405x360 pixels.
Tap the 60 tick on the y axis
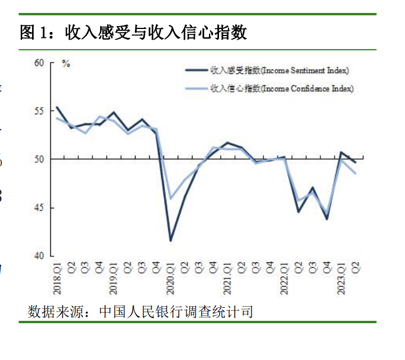pos(39,62)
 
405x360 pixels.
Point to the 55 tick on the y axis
pos(39,111)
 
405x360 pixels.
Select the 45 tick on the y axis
pos(39,208)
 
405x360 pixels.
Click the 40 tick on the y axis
pos(39,256)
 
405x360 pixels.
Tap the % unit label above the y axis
pos(66,64)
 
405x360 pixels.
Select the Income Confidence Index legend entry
pos(281,88)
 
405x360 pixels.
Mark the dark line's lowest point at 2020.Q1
pos(171,240)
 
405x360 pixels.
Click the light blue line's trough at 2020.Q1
pos(171,198)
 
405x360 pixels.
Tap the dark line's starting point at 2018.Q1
pos(57,107)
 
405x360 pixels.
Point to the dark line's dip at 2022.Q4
pos(327,219)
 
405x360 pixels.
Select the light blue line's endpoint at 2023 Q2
pos(355,173)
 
